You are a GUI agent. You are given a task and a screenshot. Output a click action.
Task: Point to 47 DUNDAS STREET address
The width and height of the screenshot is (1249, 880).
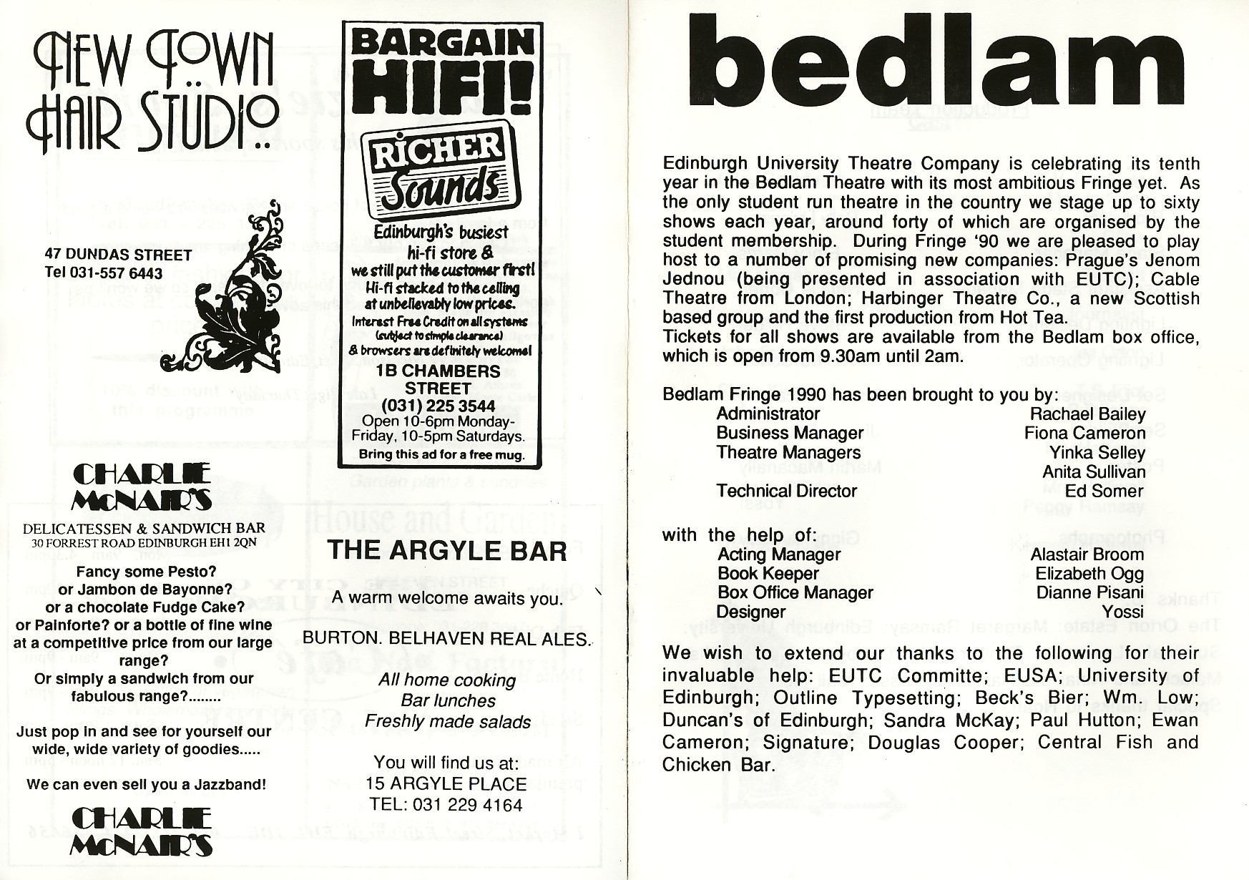tap(118, 255)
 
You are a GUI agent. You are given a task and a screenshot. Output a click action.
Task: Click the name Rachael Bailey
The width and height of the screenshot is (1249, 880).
tap(1087, 414)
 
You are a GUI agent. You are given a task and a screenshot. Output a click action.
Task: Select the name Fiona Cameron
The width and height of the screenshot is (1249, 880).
tap(1084, 434)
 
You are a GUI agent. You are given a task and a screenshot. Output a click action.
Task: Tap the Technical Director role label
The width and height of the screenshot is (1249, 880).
tap(786, 492)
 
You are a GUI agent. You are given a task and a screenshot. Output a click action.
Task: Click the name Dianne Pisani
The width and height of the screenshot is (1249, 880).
tap(1089, 593)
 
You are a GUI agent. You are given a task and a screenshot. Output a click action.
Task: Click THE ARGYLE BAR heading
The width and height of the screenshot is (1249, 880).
tap(446, 551)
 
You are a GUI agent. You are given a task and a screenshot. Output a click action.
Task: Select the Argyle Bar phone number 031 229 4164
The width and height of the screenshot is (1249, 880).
tap(446, 805)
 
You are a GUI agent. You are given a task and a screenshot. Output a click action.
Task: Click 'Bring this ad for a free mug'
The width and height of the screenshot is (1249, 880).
tap(441, 454)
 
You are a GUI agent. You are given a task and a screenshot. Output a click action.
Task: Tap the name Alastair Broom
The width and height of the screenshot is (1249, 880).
tap(1087, 555)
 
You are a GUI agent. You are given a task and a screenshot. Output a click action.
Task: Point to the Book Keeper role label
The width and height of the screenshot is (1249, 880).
tap(768, 575)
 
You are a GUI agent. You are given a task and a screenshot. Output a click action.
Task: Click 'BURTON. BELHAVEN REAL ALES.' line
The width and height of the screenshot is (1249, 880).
tap(447, 639)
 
